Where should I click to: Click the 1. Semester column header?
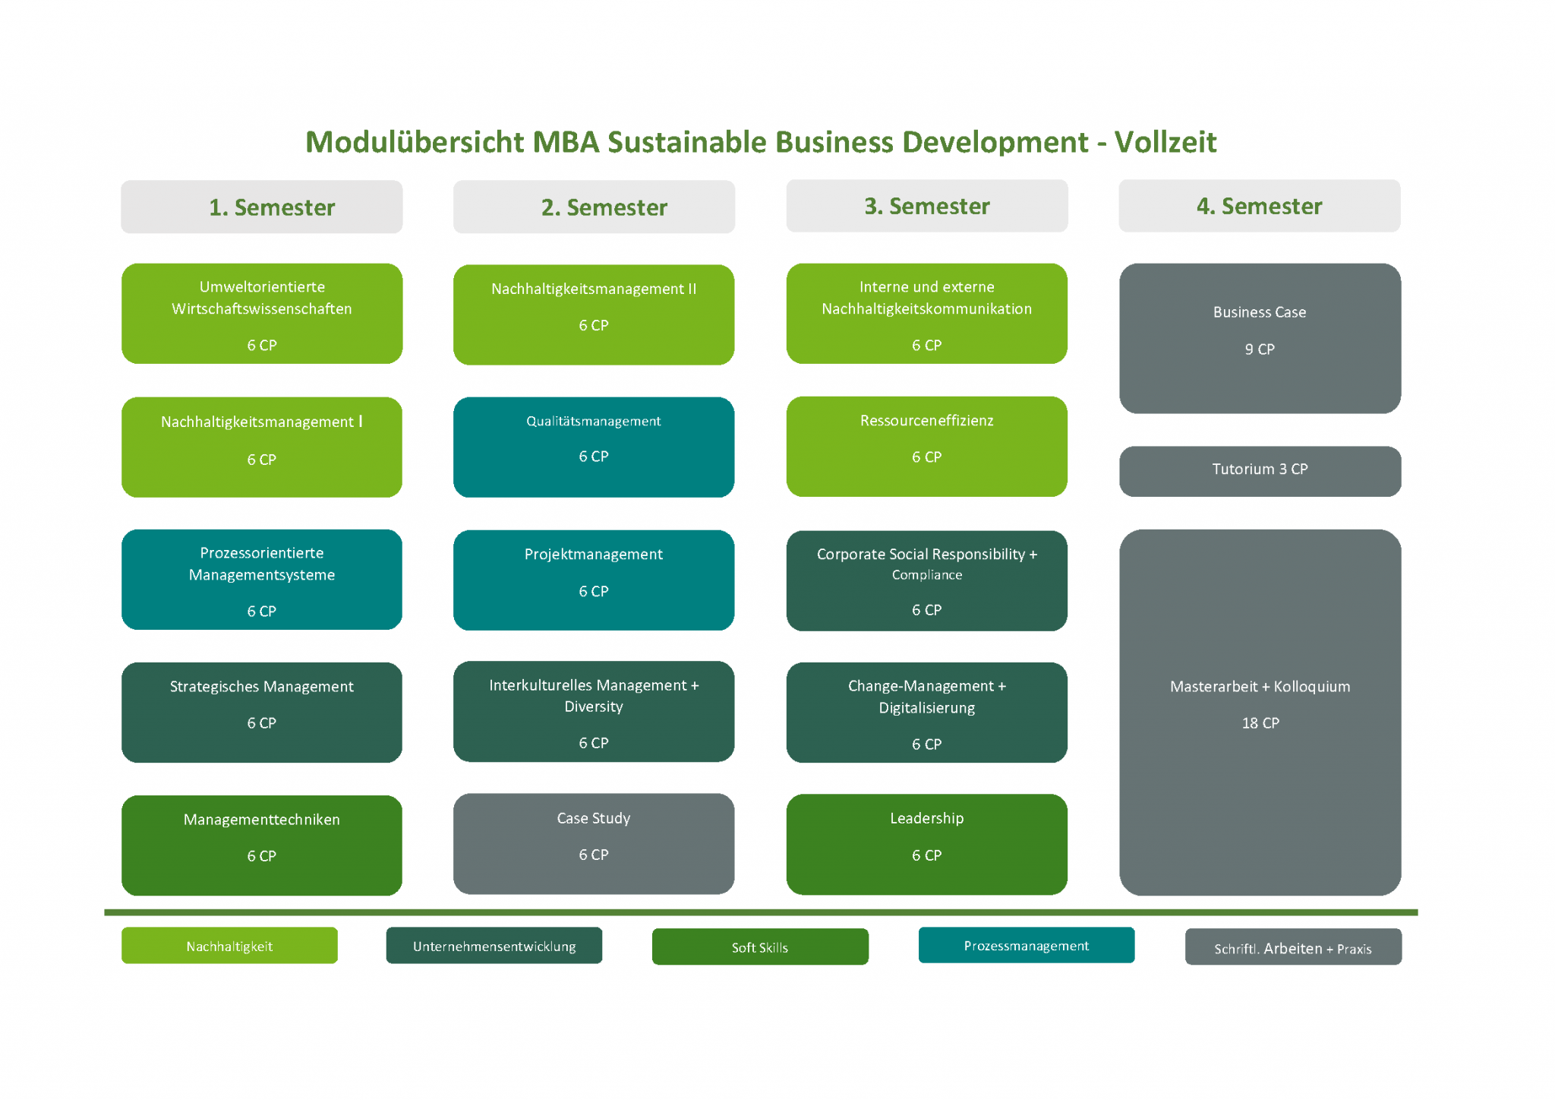261,207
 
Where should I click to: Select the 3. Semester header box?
926,206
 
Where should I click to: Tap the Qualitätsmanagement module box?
594,447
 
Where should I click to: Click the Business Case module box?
1260,338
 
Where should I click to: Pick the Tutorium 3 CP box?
1260,470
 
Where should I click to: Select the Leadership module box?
926,843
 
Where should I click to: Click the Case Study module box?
594,843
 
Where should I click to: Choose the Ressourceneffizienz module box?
926,446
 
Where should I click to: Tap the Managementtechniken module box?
261,845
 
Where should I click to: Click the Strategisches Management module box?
261,712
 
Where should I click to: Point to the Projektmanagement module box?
594,580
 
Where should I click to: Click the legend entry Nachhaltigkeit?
229,946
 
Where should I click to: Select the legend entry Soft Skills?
760,947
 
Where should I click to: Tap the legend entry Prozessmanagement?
1026,945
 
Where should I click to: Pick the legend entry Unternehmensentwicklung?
494,946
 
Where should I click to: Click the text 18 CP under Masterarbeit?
1260,723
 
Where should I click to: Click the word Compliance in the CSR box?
926,575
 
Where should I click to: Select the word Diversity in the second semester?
594,706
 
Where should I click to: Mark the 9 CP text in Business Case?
1260,349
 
